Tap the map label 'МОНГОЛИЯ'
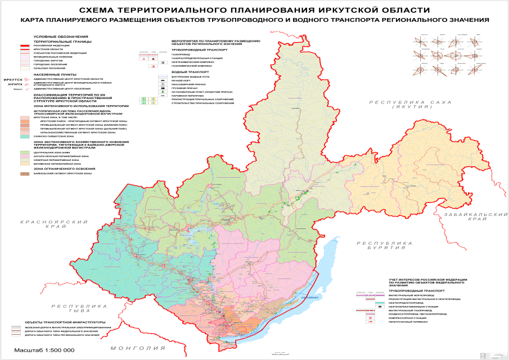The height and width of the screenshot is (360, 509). coord(134,348)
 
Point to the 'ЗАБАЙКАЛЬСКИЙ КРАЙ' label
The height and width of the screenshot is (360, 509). coord(472,217)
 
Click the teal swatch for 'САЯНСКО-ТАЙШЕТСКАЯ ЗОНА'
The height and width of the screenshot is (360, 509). coord(25,136)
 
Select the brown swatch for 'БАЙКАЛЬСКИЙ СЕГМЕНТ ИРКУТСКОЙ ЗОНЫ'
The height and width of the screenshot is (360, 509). coord(25,174)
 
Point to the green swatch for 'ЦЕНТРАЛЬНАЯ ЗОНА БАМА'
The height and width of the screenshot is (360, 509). coord(25,152)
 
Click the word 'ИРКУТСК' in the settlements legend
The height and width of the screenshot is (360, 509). coord(12,80)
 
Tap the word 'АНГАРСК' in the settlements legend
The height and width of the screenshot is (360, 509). coord(15,84)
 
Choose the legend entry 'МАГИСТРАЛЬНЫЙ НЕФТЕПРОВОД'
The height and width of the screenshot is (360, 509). coord(412,295)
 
